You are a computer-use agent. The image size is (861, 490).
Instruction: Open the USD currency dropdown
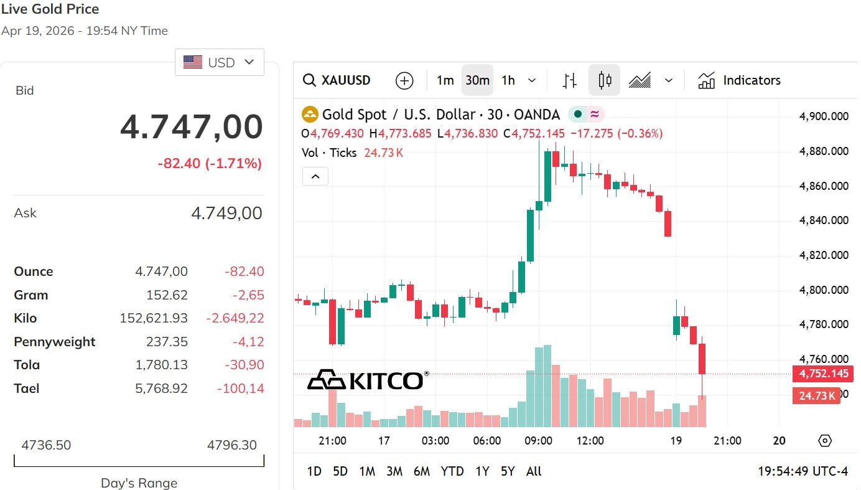click(219, 62)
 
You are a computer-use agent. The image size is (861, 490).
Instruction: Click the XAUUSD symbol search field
click(337, 80)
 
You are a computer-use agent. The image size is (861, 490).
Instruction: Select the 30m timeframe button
click(477, 80)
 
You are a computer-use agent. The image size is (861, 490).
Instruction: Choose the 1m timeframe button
click(445, 80)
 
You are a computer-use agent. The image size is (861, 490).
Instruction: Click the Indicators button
click(739, 80)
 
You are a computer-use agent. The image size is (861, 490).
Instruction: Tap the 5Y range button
click(508, 471)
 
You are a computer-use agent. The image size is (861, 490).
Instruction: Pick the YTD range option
click(452, 471)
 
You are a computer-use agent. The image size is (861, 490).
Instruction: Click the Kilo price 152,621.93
click(154, 318)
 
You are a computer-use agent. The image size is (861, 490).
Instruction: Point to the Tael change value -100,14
click(240, 389)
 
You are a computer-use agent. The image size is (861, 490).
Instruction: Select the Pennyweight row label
click(55, 342)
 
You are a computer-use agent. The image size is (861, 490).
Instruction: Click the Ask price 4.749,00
click(226, 213)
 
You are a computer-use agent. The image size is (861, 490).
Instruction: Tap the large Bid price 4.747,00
click(192, 126)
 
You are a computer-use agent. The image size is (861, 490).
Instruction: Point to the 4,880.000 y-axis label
click(824, 151)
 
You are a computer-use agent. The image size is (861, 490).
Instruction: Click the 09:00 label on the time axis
click(538, 441)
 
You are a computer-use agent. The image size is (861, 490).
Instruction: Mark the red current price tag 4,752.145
click(824, 374)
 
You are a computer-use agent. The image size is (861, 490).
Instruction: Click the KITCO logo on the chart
click(368, 380)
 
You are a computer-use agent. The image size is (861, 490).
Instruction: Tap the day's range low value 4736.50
click(46, 445)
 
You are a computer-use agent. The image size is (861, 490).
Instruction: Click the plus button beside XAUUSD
click(404, 80)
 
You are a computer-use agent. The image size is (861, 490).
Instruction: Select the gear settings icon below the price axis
click(825, 441)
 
